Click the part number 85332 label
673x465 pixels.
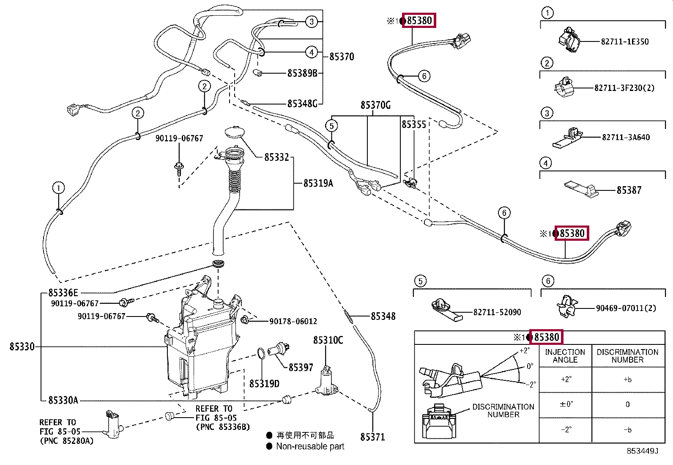[276, 157]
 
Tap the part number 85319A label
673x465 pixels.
[318, 183]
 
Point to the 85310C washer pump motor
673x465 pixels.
[327, 381]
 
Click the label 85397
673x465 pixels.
[301, 368]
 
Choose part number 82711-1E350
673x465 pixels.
[624, 41]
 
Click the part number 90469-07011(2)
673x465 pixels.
[626, 308]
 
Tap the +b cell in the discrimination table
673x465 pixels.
[627, 380]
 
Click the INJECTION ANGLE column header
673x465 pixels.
[565, 356]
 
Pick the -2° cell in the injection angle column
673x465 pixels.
[566, 430]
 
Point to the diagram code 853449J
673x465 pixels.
[642, 451]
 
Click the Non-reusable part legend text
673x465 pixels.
[310, 446]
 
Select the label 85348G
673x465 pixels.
[302, 104]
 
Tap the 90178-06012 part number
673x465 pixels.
[293, 321]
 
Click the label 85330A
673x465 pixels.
[63, 400]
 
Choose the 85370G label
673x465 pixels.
[375, 105]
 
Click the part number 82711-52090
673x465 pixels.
[497, 312]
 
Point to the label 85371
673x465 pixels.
[372, 437]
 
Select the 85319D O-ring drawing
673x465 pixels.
[261, 353]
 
